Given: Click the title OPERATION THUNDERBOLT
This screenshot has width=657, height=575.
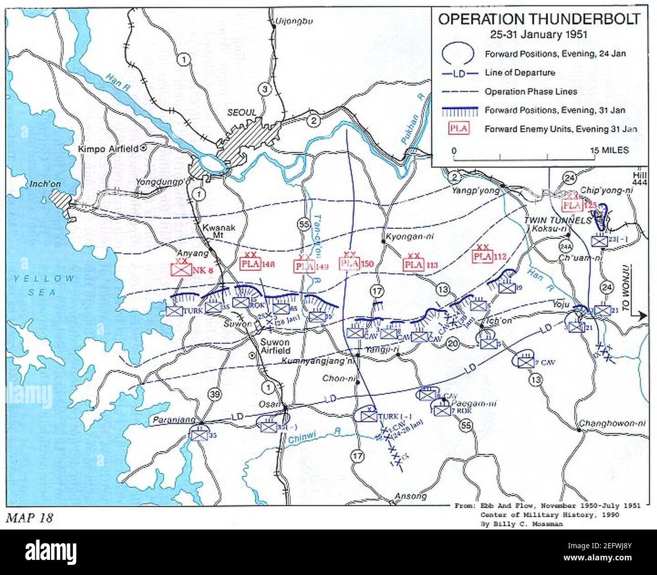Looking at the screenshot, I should pos(539,19).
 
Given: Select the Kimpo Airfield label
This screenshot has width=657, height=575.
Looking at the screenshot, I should pos(109,150).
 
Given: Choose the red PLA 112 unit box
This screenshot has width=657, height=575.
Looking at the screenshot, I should pos(483,257).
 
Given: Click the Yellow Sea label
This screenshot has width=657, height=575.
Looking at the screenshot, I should pos(44,285).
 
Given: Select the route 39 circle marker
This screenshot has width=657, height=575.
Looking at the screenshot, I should pos(214,395).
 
